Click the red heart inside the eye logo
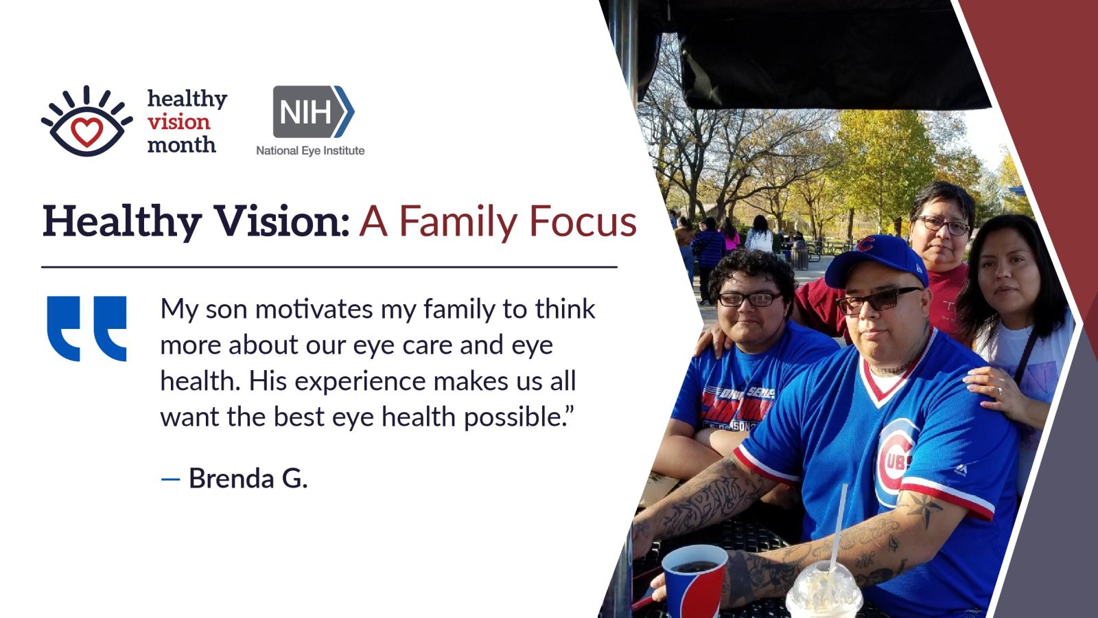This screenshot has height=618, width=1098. pyautogui.click(x=86, y=132)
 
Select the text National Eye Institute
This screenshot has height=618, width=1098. pyautogui.click(x=310, y=150)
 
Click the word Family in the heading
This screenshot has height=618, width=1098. pyautogui.click(x=458, y=221)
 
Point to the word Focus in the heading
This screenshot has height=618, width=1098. pyautogui.click(x=583, y=221)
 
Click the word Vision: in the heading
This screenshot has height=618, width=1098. pyautogui.click(x=282, y=221)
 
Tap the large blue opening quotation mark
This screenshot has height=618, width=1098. pyautogui.click(x=86, y=328)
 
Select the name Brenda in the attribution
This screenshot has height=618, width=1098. pyautogui.click(x=231, y=478)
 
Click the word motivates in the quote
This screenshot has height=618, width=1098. pyautogui.click(x=314, y=310)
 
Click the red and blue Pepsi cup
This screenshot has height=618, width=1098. pyautogui.click(x=694, y=581)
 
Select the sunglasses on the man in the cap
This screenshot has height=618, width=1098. pyautogui.click(x=878, y=299)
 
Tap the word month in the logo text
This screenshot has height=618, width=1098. pyautogui.click(x=181, y=145)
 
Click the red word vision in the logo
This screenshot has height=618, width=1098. pyautogui.click(x=179, y=122)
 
